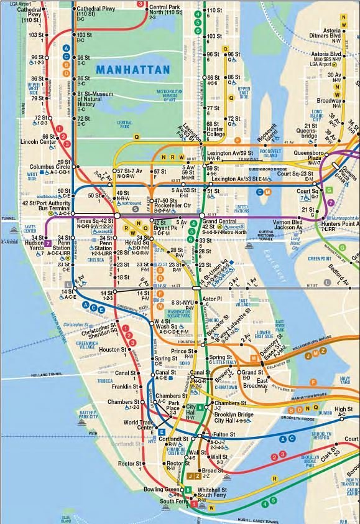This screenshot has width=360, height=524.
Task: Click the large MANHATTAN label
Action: [x=133, y=69]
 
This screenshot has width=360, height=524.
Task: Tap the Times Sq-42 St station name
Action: [x=95, y=221]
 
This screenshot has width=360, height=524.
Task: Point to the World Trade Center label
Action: [x=138, y=425]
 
